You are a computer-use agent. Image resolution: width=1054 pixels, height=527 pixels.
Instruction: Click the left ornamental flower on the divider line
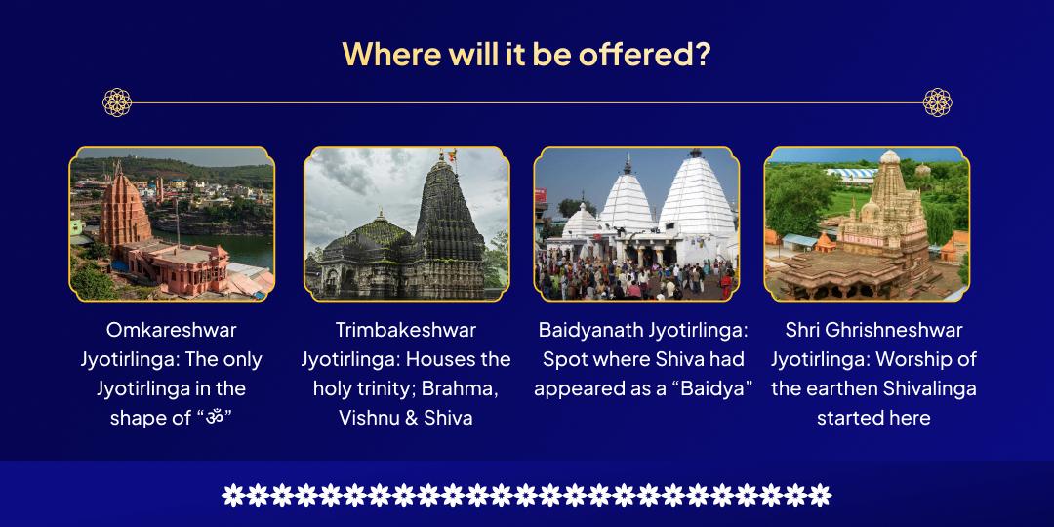117,101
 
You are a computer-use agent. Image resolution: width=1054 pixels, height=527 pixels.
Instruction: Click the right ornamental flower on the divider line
937,101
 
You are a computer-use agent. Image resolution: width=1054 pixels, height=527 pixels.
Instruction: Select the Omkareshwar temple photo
172,223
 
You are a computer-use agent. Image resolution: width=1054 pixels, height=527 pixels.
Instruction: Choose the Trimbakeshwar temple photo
407,223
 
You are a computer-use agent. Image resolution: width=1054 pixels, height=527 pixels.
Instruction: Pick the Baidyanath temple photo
636,223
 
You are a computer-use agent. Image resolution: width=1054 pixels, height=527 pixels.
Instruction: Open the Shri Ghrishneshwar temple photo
867,223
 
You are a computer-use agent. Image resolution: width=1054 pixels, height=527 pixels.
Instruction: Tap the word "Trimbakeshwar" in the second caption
406,330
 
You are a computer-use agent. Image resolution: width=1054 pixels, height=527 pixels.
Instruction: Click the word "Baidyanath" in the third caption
590,330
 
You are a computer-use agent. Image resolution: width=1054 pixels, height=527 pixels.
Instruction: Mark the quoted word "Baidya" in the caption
709,388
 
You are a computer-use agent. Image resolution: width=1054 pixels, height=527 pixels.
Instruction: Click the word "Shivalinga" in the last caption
929,388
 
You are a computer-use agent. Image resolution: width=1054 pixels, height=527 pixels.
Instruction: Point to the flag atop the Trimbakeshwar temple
451,154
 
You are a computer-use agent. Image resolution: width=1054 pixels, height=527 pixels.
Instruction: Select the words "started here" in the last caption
873,418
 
